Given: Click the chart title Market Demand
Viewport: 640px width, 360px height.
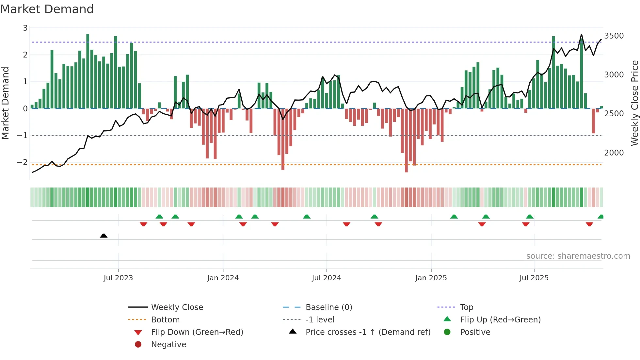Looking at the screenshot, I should [x=47, y=9].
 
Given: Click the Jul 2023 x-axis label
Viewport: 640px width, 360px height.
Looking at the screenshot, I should [x=118, y=278].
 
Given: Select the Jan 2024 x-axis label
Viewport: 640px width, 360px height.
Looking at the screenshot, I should [x=223, y=278].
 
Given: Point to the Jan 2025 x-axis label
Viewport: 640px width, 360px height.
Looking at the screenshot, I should [x=431, y=278].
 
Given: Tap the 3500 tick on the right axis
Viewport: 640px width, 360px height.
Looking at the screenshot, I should [x=614, y=36].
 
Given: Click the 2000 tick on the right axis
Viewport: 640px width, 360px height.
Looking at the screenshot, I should [x=614, y=153].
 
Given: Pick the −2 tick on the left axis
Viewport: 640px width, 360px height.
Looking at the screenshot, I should [x=22, y=162].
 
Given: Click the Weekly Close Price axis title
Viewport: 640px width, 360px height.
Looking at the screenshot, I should [x=634, y=103].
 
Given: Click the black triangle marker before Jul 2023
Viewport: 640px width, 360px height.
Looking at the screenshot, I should [x=104, y=236].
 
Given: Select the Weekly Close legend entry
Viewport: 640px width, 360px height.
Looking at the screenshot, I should [x=177, y=307].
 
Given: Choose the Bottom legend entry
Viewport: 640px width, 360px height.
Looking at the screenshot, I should [x=165, y=319].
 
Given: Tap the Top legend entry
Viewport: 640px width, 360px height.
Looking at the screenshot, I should [x=467, y=307].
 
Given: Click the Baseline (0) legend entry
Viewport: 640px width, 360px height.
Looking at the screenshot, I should [x=329, y=307].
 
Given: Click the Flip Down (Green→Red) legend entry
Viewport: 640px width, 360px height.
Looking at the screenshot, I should [x=197, y=332].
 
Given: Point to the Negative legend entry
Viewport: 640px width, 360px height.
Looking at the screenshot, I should [x=168, y=344].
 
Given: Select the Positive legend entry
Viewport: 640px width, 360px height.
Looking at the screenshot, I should [x=475, y=332].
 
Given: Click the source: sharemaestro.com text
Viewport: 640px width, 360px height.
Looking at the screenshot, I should [x=578, y=256].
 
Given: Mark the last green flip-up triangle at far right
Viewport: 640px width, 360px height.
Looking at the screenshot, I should [x=600, y=217].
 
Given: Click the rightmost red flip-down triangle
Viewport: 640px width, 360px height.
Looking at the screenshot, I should [x=589, y=224].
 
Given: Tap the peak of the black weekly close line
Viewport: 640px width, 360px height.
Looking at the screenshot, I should [x=581, y=34].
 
